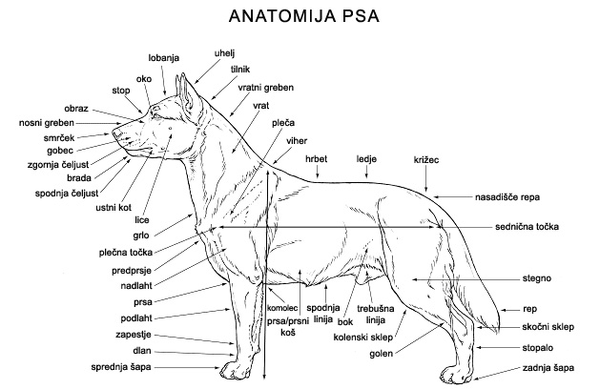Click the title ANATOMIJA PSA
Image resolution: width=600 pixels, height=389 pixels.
(x=300, y=16)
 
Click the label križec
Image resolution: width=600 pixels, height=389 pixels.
(x=426, y=159)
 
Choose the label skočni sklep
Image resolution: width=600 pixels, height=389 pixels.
(x=548, y=326)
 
